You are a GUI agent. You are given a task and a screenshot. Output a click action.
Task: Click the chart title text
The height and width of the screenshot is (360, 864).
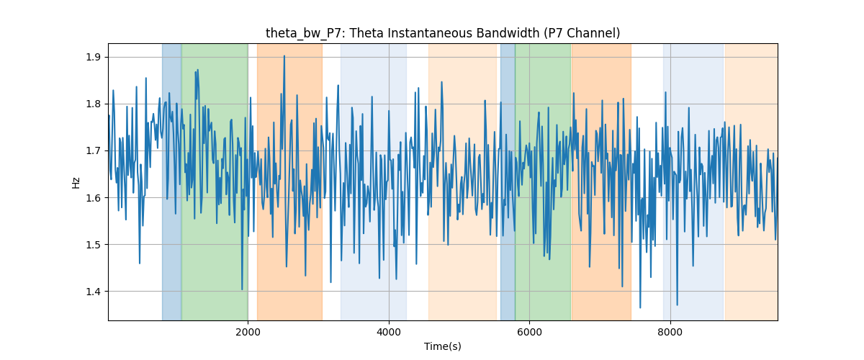click(443, 33)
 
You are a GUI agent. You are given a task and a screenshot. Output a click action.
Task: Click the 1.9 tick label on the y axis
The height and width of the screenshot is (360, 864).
click(93, 58)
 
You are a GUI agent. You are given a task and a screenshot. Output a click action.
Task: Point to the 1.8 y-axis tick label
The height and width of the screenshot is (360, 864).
click(93, 104)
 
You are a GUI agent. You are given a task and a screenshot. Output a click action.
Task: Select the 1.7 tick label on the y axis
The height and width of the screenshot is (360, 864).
click(93, 151)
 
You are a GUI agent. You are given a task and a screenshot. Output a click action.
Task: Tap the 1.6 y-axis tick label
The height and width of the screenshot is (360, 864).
click(93, 198)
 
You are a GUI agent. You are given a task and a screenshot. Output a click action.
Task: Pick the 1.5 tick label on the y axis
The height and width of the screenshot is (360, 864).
click(93, 245)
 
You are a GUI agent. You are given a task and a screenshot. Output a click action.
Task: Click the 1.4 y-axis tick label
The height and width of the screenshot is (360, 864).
click(93, 292)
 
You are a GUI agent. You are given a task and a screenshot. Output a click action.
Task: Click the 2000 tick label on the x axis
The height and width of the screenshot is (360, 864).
click(248, 332)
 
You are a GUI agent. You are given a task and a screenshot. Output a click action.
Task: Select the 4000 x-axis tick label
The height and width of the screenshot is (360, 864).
click(389, 332)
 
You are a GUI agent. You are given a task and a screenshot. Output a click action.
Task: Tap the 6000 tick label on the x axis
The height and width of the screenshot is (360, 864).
click(530, 332)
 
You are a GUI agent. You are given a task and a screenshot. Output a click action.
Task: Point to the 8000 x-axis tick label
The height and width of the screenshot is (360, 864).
click(670, 332)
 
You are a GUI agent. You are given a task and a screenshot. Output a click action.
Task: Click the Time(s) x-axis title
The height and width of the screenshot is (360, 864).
click(443, 346)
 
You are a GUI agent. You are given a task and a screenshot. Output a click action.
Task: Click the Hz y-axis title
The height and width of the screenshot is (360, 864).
click(76, 182)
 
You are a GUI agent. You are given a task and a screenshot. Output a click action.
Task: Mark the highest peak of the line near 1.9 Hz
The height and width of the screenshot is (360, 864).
click(284, 55)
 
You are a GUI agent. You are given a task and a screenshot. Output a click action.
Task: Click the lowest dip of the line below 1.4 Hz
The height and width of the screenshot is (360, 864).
click(640, 308)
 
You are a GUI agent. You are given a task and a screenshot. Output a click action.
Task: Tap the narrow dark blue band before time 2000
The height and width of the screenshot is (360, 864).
click(171, 181)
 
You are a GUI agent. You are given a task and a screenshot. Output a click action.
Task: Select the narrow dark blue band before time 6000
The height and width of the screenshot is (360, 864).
click(508, 181)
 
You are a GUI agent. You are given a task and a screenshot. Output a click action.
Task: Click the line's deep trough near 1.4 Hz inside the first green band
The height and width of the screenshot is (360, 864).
click(242, 289)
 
